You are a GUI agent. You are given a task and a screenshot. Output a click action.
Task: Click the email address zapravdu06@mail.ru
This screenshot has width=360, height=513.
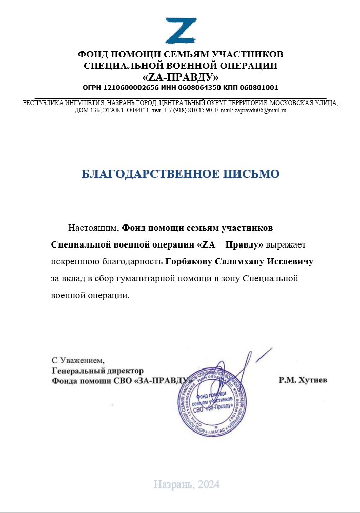pyautogui.click(x=260, y=110)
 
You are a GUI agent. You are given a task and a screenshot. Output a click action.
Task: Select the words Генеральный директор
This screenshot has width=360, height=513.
pyautogui.click(x=97, y=370)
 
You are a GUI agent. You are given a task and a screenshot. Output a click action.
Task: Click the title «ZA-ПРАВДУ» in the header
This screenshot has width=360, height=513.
pyautogui.click(x=181, y=77)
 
